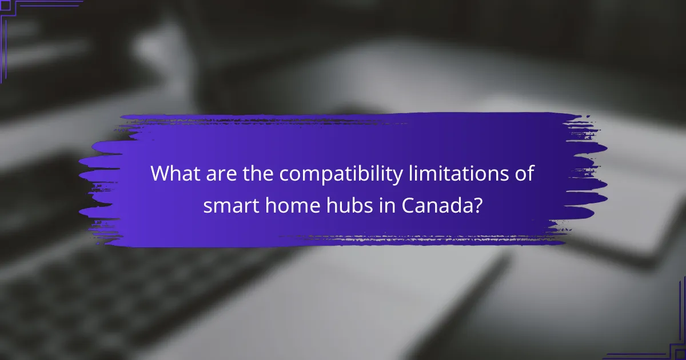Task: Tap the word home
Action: point(284,206)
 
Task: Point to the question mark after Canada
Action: point(477,206)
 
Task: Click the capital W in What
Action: point(161,174)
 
